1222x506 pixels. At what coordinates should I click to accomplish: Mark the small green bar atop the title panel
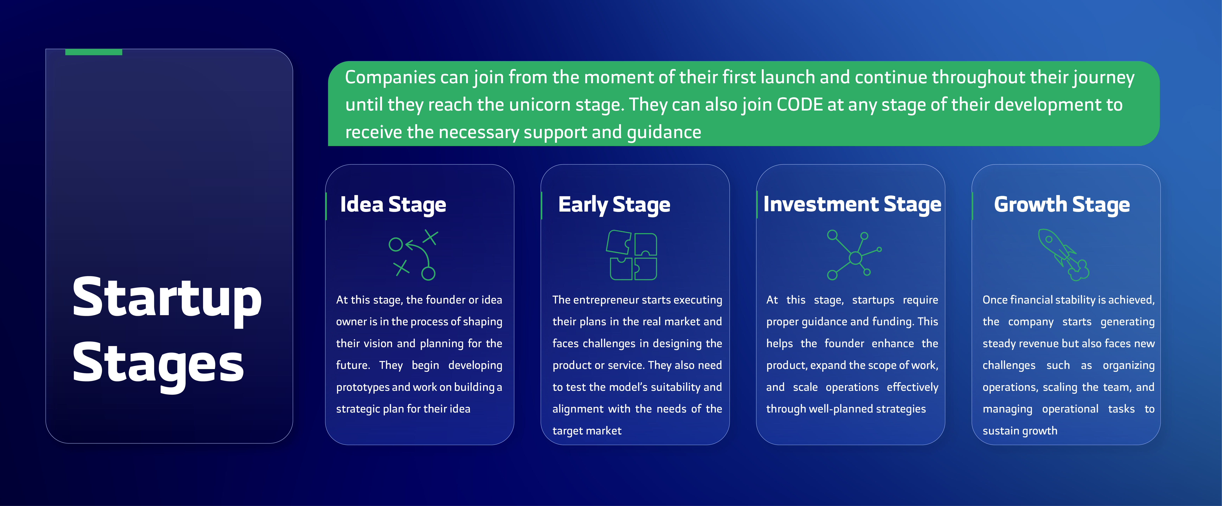point(93,52)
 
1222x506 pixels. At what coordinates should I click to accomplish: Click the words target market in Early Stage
point(587,431)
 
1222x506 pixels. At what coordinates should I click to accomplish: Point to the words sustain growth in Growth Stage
point(1020,431)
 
